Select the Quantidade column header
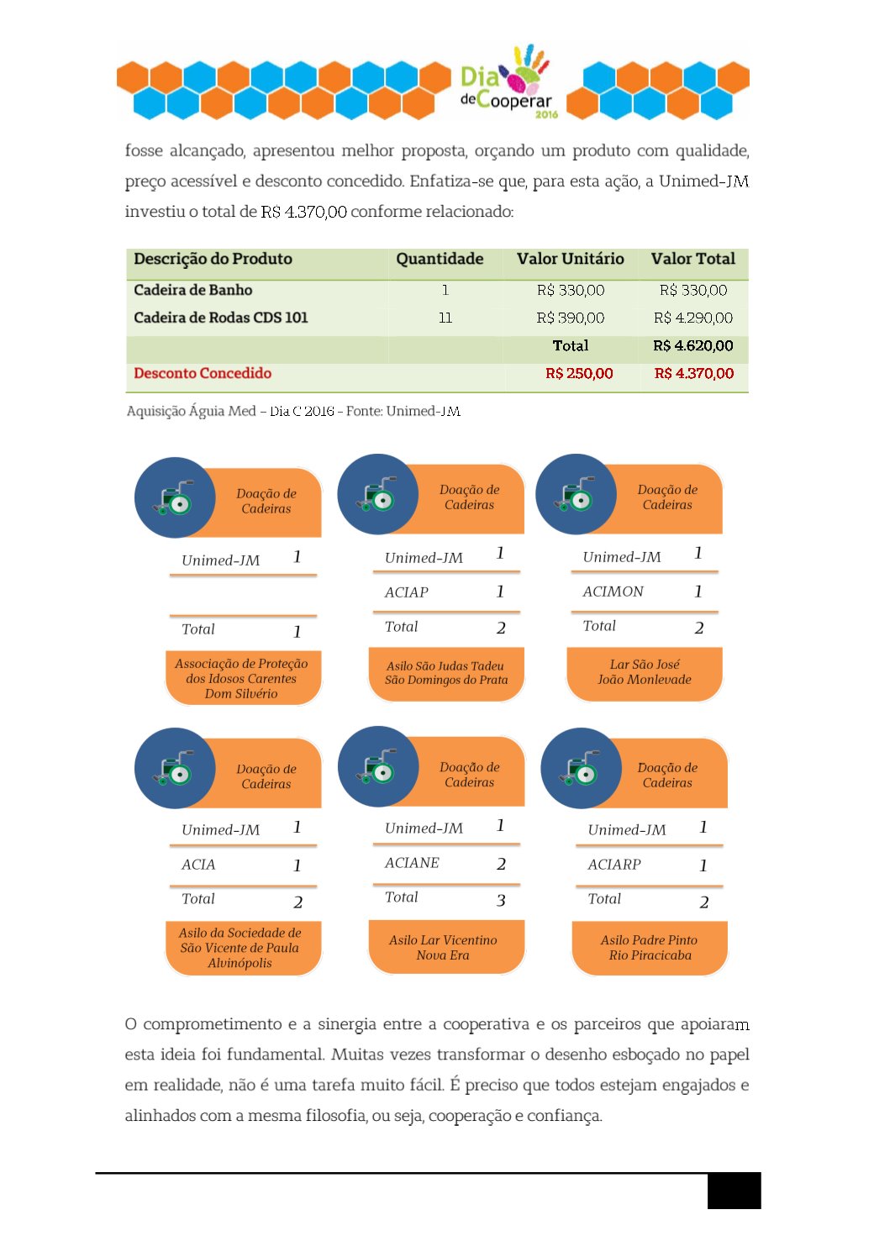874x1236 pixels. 440,259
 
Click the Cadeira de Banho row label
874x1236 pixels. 192,290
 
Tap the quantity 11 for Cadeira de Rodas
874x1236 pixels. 445,318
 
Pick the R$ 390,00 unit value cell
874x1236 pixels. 571,318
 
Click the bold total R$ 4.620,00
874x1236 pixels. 693,345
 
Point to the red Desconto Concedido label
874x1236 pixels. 203,373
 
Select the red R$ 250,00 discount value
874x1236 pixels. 579,373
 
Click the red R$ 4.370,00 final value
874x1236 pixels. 694,373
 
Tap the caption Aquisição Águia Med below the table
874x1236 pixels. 293,411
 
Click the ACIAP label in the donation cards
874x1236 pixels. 407,592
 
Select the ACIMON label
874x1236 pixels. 613,592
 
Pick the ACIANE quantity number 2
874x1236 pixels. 501,864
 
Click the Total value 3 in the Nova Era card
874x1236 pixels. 501,901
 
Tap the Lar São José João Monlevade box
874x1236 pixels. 645,672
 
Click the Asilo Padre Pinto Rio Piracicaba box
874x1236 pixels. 650,948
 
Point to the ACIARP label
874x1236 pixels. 614,865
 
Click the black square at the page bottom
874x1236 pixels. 734,1191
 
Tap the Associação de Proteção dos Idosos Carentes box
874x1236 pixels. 242,678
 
